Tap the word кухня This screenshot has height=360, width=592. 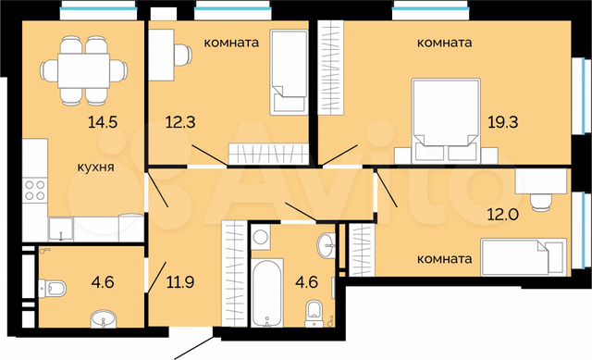95,168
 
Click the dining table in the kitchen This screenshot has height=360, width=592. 83,68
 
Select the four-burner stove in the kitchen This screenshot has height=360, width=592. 35,192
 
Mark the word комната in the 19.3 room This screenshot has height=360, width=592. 444,43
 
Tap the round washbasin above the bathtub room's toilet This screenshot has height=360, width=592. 325,245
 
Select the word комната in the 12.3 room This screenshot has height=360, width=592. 229,43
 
